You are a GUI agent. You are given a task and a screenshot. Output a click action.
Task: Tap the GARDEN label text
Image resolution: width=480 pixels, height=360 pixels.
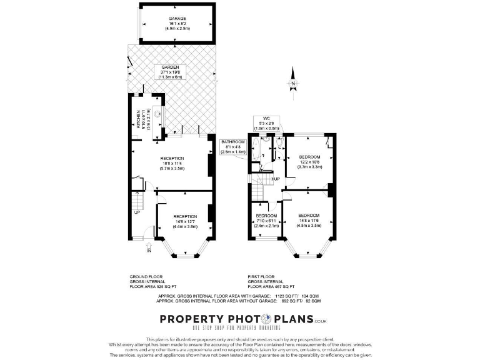(171, 72)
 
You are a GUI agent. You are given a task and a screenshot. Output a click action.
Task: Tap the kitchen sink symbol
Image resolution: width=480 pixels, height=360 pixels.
(157, 114)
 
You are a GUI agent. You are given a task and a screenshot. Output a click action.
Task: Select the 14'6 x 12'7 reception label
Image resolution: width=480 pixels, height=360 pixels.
(185, 222)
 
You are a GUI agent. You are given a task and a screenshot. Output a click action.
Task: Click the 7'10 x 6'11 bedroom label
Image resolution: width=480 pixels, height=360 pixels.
(266, 221)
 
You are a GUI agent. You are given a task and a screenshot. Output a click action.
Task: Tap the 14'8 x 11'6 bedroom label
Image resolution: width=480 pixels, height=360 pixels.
(309, 220)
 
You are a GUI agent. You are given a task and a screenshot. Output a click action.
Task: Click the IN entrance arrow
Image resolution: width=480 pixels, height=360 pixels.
(148, 251)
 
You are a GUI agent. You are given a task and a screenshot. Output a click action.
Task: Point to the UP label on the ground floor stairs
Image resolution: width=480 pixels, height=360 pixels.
(136, 212)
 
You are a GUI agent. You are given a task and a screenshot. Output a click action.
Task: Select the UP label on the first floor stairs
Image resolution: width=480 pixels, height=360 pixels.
(276, 179)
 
